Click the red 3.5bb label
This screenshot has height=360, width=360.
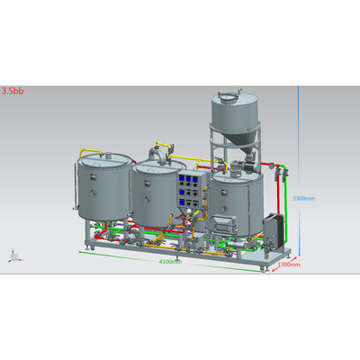13,91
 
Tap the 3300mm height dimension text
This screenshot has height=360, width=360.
304,198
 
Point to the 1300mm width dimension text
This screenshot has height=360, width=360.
287,265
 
